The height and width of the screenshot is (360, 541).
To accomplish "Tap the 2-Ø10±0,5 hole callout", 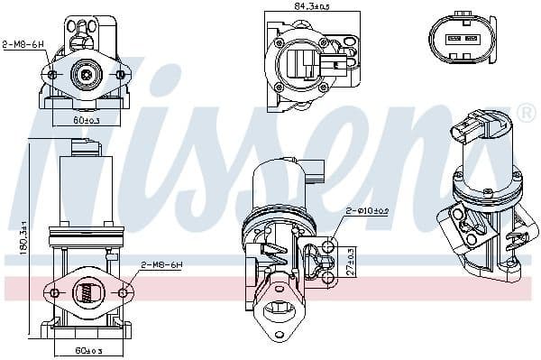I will [x=367, y=210].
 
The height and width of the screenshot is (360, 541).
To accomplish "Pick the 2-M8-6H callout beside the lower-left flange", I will [x=162, y=265].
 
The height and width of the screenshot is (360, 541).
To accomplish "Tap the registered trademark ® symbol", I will [x=527, y=114].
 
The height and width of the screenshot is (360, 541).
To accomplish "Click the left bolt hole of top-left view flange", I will [x=52, y=75].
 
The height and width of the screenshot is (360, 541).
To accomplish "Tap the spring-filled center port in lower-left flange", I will [x=87, y=292].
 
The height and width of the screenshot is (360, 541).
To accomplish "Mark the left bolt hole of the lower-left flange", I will [x=53, y=292].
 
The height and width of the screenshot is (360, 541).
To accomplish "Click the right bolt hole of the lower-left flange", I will [x=123, y=292].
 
